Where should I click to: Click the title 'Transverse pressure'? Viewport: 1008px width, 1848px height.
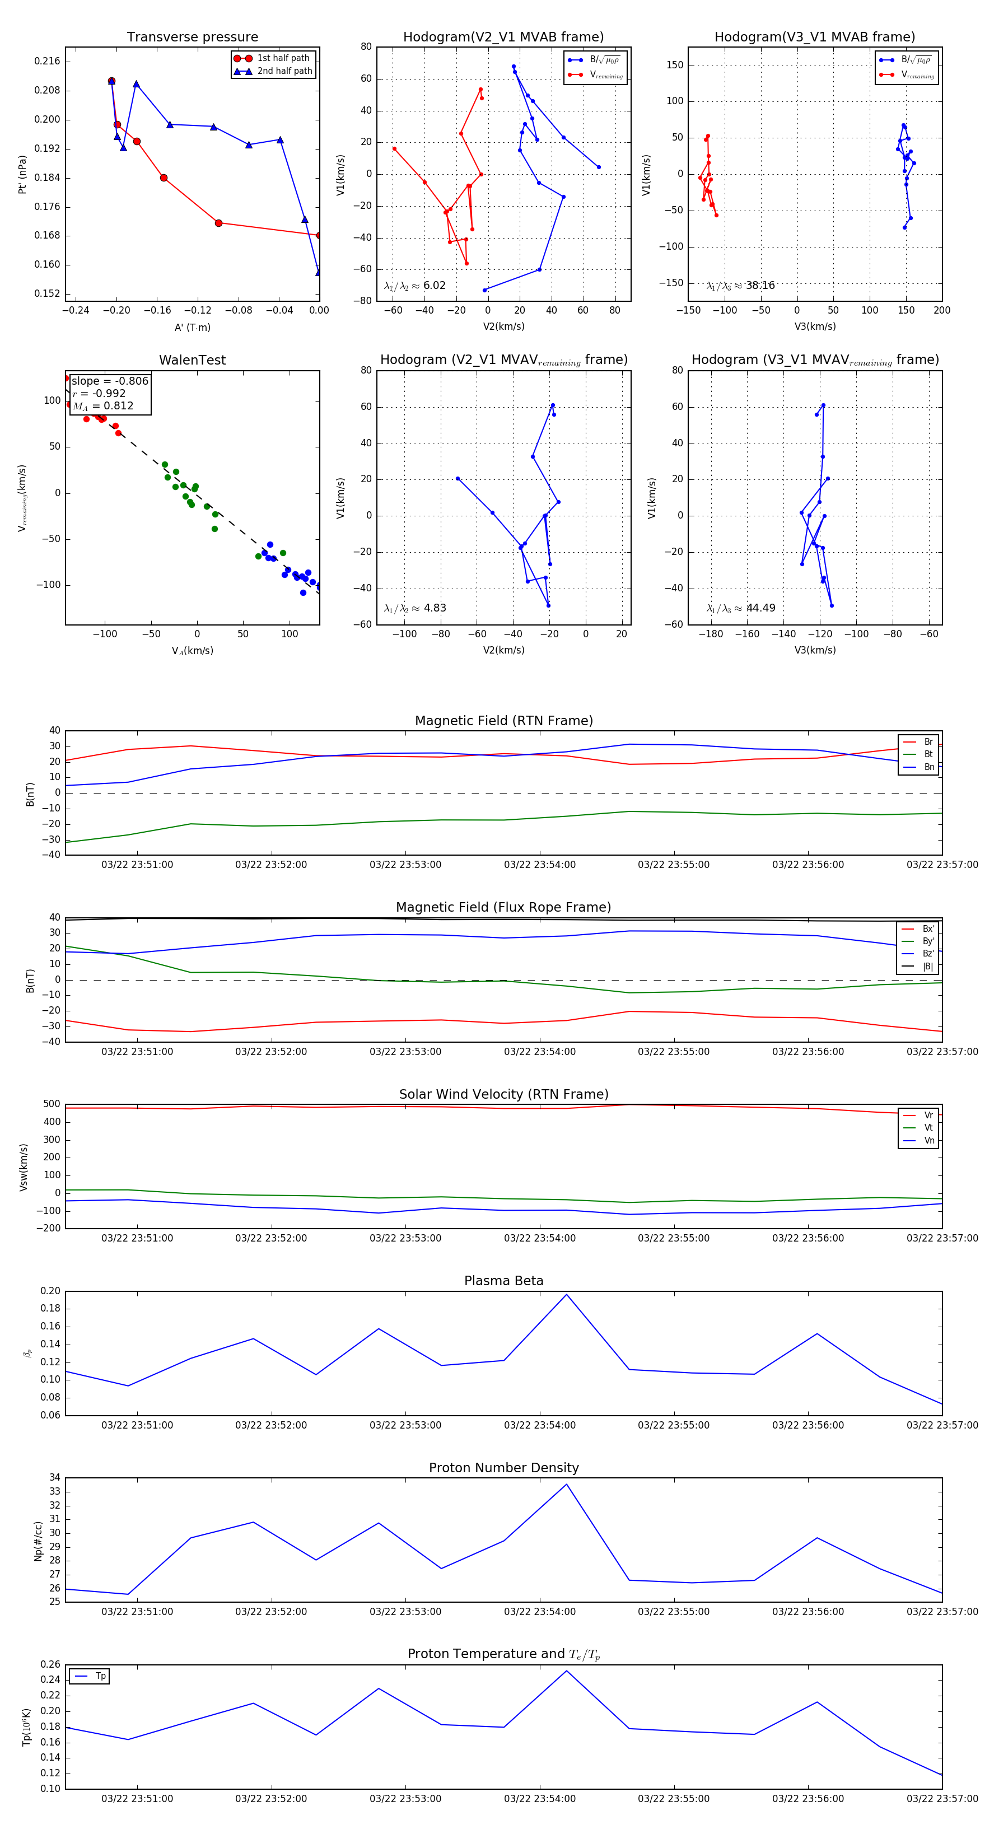[192, 38]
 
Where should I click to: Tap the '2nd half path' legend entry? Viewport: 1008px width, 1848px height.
[284, 71]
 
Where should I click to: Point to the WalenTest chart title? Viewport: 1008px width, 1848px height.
[192, 360]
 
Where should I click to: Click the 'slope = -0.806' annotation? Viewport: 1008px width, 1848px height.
[110, 381]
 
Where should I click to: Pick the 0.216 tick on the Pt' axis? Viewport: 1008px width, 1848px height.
[48, 61]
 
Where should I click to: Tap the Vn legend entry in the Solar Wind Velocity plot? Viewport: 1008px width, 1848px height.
[928, 1141]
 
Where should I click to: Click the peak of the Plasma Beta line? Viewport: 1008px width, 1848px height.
[566, 1295]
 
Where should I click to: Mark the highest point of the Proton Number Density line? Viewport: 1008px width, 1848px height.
[566, 1485]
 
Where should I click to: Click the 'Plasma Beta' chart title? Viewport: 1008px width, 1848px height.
[503, 1281]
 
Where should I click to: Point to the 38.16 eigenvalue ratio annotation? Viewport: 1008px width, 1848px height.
[760, 286]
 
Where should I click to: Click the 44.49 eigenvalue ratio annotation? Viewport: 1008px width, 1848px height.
[760, 608]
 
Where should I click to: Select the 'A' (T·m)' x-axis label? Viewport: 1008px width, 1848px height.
[192, 328]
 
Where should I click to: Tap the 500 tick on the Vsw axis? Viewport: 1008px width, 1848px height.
[52, 1104]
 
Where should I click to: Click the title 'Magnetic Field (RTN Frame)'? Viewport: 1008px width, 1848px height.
[503, 721]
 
